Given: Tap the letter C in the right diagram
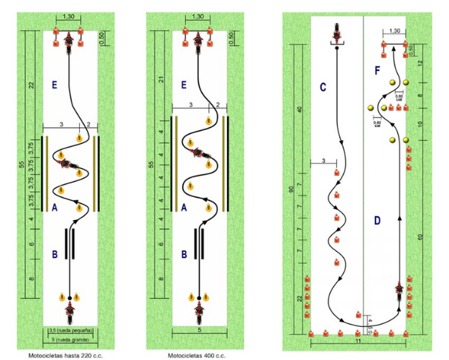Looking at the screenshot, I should coord(323,87).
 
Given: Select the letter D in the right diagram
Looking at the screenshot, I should coord(376,220).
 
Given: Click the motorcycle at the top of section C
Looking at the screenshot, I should coord(335,33).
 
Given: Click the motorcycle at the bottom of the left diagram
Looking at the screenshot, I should coord(70,313).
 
